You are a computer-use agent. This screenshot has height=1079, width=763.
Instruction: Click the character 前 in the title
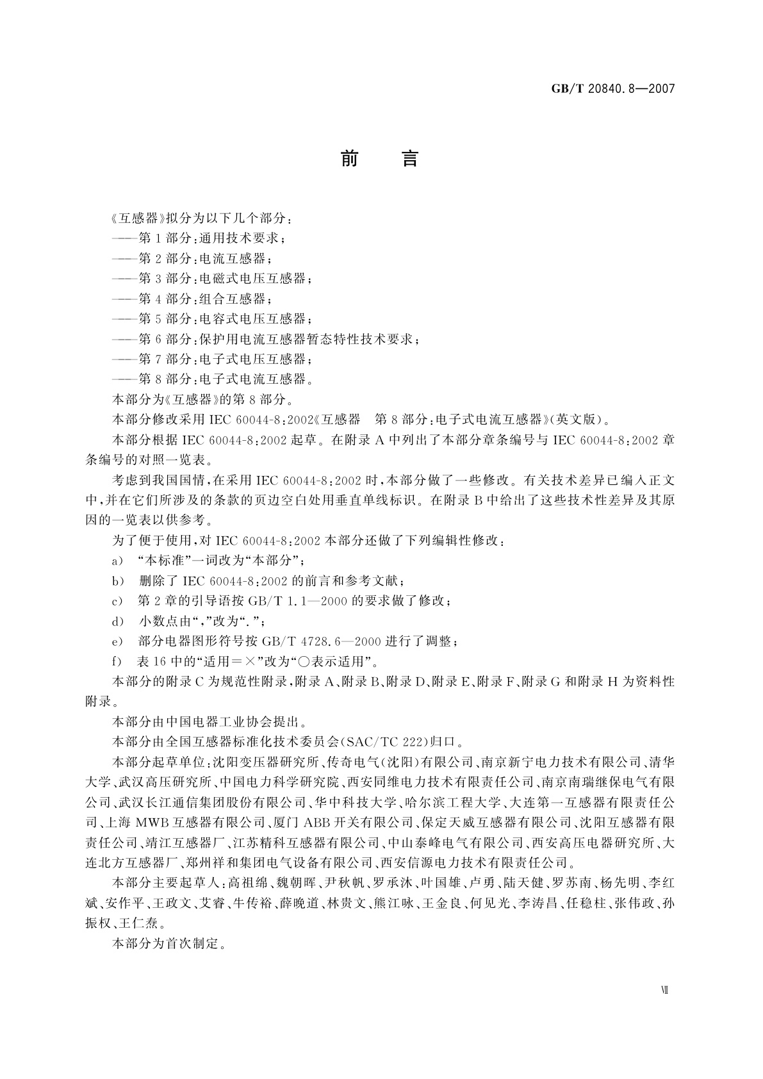click(x=349, y=158)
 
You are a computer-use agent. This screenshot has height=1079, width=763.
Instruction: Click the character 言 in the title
click(x=409, y=158)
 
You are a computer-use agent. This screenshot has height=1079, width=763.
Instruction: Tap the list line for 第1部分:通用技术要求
click(x=198, y=238)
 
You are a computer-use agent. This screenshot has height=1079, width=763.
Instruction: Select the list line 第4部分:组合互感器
click(x=192, y=299)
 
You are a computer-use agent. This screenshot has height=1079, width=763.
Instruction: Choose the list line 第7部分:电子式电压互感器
click(x=212, y=359)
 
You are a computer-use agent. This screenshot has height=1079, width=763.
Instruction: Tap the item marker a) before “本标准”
click(x=117, y=561)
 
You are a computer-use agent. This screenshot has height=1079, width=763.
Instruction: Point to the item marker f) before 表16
click(x=117, y=661)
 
